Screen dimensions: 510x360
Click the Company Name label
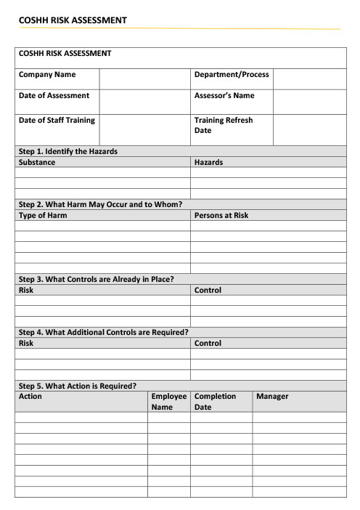[47, 75]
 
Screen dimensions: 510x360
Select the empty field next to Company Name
[144, 78]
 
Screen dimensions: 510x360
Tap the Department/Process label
[232, 75]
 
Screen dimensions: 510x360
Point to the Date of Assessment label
[54, 96]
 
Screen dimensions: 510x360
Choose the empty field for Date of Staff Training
[144, 129]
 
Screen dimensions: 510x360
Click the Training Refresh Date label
[224, 125]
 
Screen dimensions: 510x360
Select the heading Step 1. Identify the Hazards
[68, 151]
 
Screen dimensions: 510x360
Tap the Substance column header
[37, 162]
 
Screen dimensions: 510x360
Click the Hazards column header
[209, 162]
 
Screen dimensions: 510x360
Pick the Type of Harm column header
[43, 215]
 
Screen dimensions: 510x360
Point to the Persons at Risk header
[221, 215]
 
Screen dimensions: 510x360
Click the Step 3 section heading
[96, 279]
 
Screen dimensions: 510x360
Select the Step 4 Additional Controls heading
[104, 332]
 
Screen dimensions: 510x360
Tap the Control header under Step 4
[208, 343]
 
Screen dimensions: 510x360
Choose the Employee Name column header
[169, 402]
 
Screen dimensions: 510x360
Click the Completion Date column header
[215, 402]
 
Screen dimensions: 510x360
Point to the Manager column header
[272, 397]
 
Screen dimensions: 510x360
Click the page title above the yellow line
[73, 20]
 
